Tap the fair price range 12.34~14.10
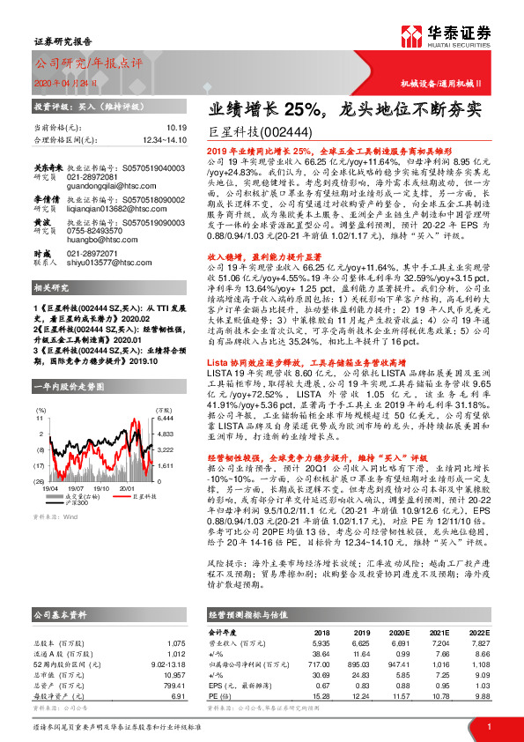coord(164,139)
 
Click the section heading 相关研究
coord(53,288)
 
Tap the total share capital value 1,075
coord(176,643)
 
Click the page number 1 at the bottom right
coord(488,726)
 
